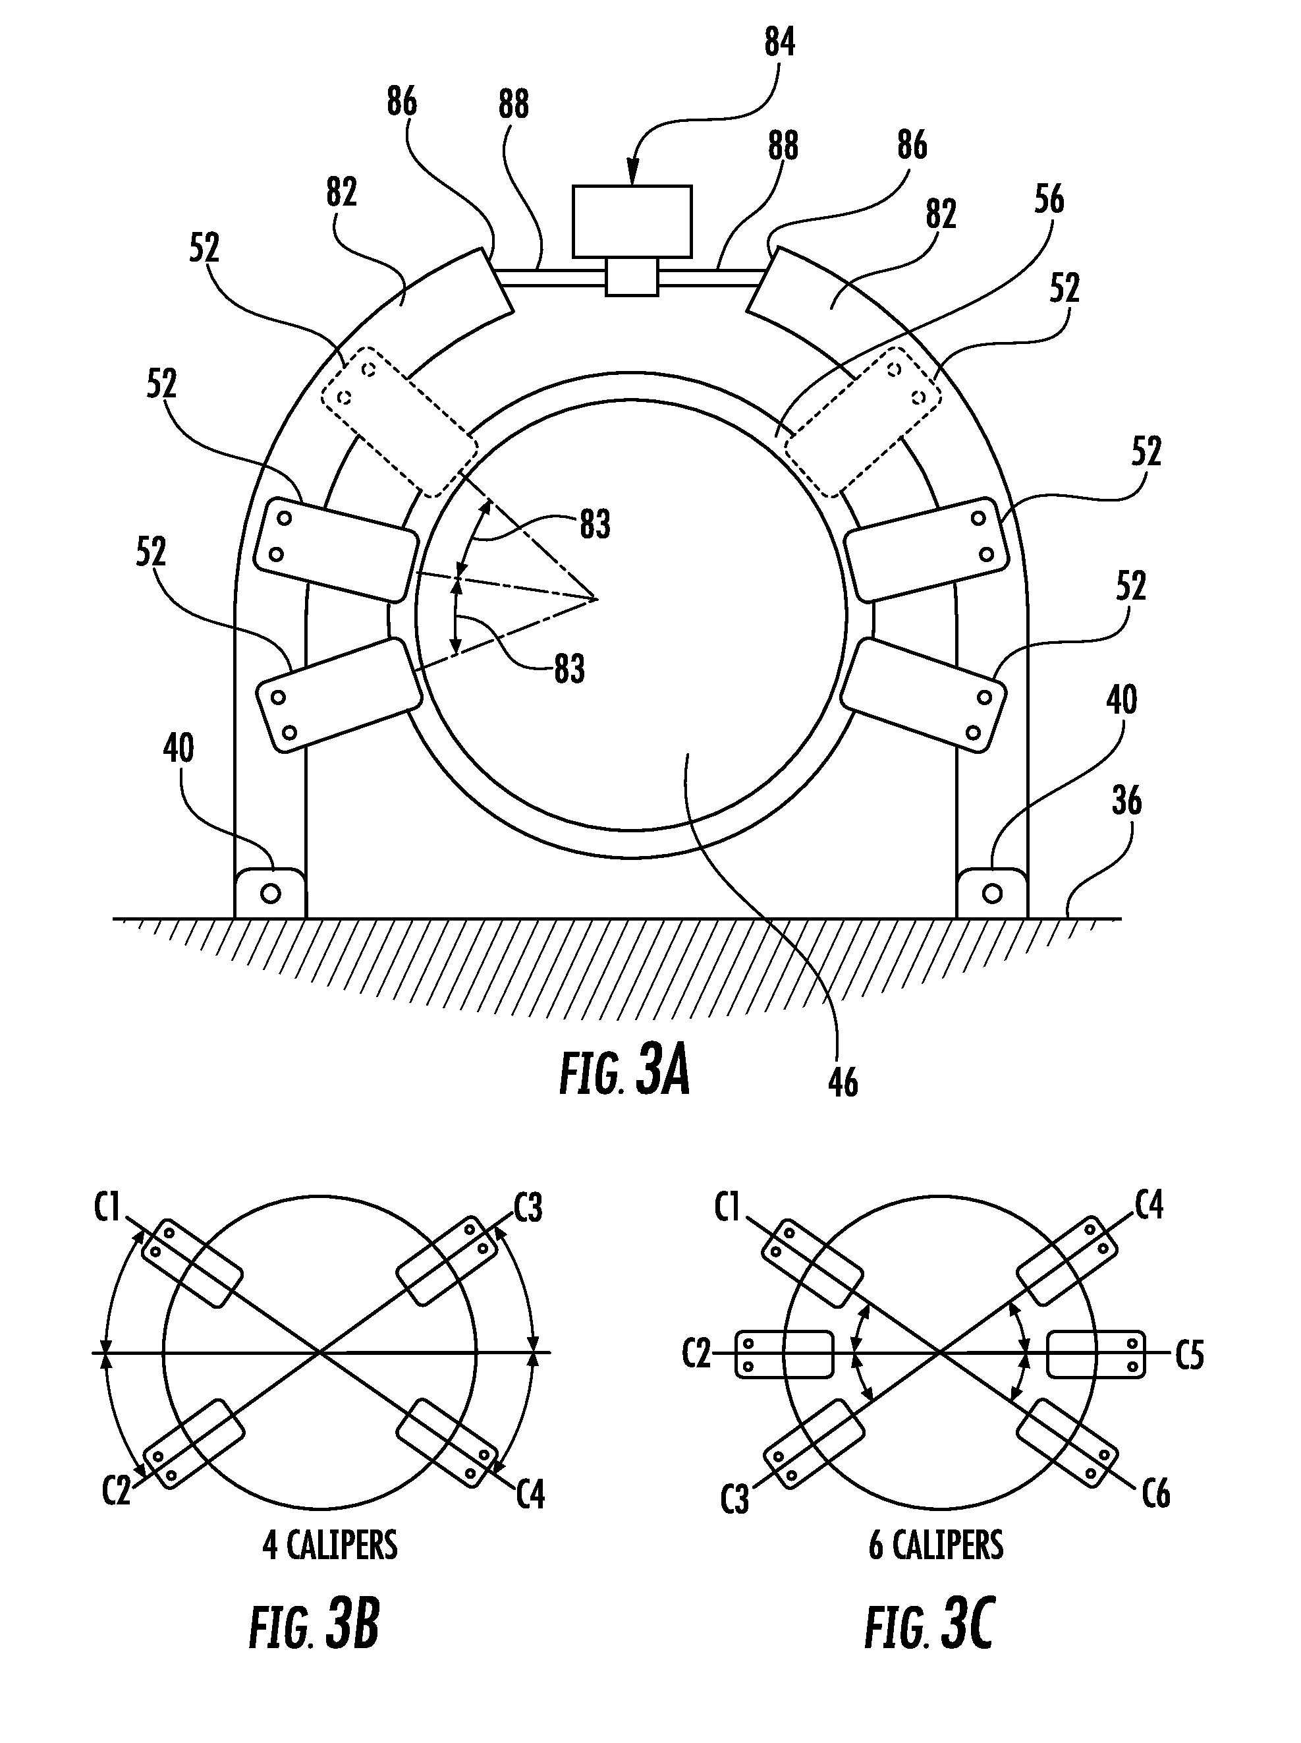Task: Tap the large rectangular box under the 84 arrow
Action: click(632, 221)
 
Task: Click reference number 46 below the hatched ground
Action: click(843, 1083)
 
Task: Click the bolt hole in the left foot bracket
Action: click(270, 894)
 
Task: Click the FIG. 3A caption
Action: click(624, 1074)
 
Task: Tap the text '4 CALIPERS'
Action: click(330, 1546)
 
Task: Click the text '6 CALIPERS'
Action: click(935, 1546)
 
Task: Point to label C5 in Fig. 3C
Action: click(1189, 1356)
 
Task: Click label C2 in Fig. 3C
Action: click(696, 1355)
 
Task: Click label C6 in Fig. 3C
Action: click(1155, 1493)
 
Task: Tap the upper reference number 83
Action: click(595, 525)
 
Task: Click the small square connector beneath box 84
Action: click(632, 277)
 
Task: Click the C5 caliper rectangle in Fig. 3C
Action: click(1097, 1355)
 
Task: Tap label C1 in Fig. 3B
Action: click(107, 1207)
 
